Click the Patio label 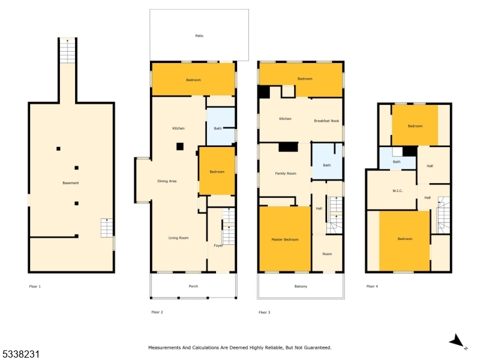[x=199, y=36]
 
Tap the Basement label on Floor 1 [x=71, y=183]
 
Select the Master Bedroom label [x=285, y=239]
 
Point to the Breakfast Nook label [x=326, y=121]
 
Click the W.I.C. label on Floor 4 [x=398, y=191]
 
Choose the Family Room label [x=286, y=173]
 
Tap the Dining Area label [x=167, y=181]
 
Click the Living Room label [x=178, y=238]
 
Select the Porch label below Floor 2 [x=193, y=286]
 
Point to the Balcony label [x=301, y=286]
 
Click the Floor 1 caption [x=35, y=287]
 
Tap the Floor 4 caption [x=372, y=286]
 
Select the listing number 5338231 [x=20, y=355]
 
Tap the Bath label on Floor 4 [x=397, y=161]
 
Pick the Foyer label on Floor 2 [x=218, y=245]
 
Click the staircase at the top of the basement [x=67, y=52]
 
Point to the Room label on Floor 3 [x=327, y=254]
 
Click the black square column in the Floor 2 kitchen [x=180, y=146]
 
